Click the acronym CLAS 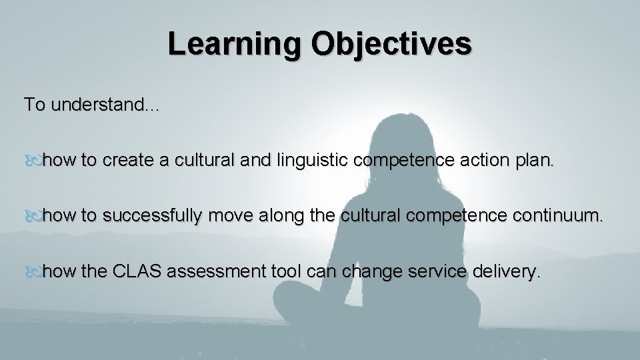(139, 272)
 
